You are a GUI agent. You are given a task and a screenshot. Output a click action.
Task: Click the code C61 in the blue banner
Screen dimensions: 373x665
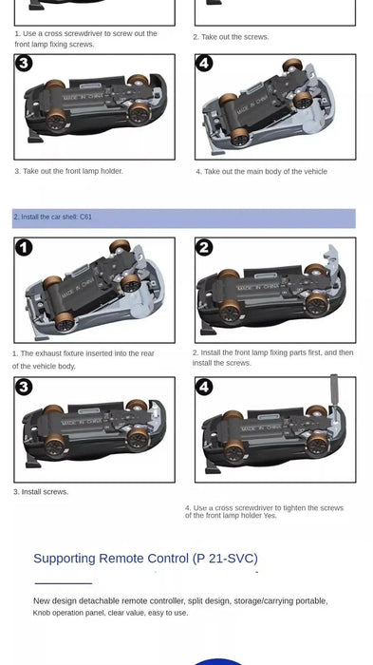point(85,217)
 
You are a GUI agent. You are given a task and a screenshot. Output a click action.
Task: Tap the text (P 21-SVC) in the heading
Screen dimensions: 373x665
point(225,559)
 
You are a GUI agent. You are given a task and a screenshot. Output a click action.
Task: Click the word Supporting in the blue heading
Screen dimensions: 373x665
point(65,559)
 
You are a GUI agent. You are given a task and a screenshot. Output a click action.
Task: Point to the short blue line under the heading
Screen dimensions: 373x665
point(64,583)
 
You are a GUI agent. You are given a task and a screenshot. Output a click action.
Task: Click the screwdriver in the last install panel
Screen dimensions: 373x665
point(334,391)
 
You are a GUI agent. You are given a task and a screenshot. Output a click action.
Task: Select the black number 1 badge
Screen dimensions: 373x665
point(24,248)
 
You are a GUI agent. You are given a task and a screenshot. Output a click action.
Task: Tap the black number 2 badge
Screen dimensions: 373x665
point(204,248)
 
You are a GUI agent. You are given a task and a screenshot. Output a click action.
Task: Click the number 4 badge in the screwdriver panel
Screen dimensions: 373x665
point(204,387)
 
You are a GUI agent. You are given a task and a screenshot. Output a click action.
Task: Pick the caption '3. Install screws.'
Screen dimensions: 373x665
point(41,492)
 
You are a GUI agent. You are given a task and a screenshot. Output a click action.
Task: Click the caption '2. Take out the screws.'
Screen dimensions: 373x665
point(231,37)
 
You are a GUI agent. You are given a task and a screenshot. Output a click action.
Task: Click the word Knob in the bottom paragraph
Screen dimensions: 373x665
point(42,613)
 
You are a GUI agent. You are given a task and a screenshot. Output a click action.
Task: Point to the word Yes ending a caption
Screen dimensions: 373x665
point(270,516)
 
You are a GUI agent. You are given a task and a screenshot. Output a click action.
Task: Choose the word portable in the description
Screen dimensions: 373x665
point(311,601)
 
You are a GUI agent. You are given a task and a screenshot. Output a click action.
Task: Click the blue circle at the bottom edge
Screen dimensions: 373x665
point(218,661)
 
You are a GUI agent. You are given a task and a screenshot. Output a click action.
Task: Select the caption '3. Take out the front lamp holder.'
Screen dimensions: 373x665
point(68,171)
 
